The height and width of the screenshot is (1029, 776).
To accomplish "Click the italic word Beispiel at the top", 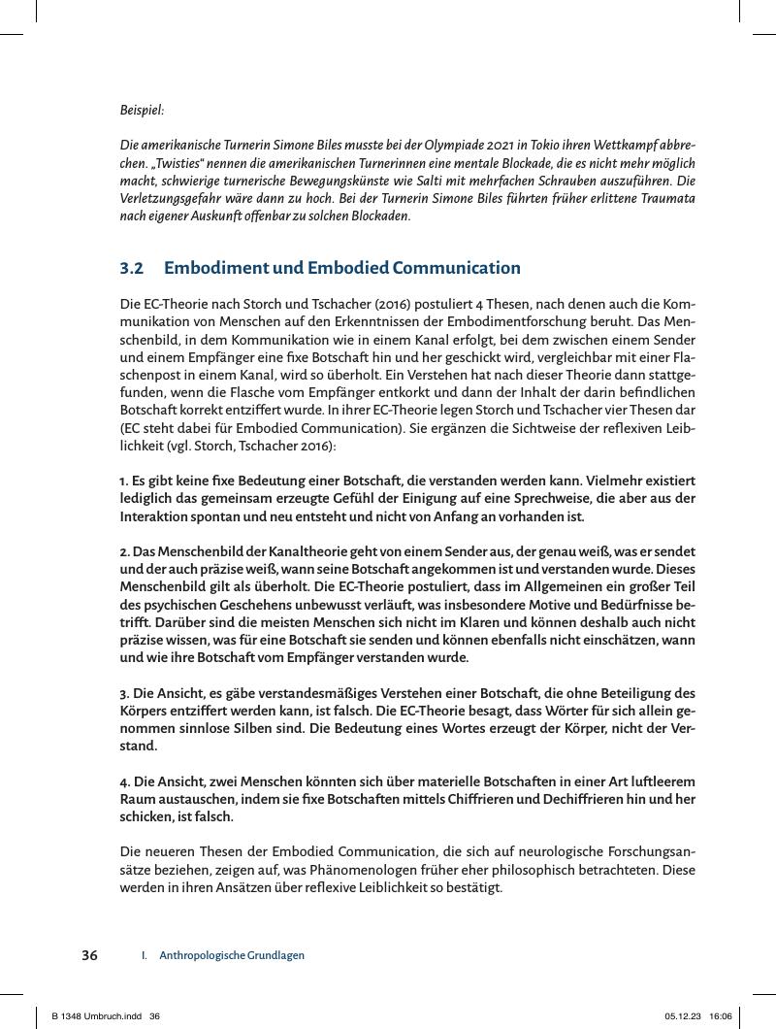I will tap(142, 111).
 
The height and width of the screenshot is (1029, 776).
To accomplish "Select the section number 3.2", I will tap(132, 269).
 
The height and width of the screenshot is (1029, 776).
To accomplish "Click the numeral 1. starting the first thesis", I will tap(124, 481).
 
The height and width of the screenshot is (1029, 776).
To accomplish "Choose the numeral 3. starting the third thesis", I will tap(125, 694).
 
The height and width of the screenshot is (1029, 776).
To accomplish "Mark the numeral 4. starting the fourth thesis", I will tap(125, 782).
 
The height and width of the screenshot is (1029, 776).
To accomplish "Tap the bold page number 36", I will tap(89, 955).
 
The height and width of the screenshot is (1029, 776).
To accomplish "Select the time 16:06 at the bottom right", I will tap(721, 1015).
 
